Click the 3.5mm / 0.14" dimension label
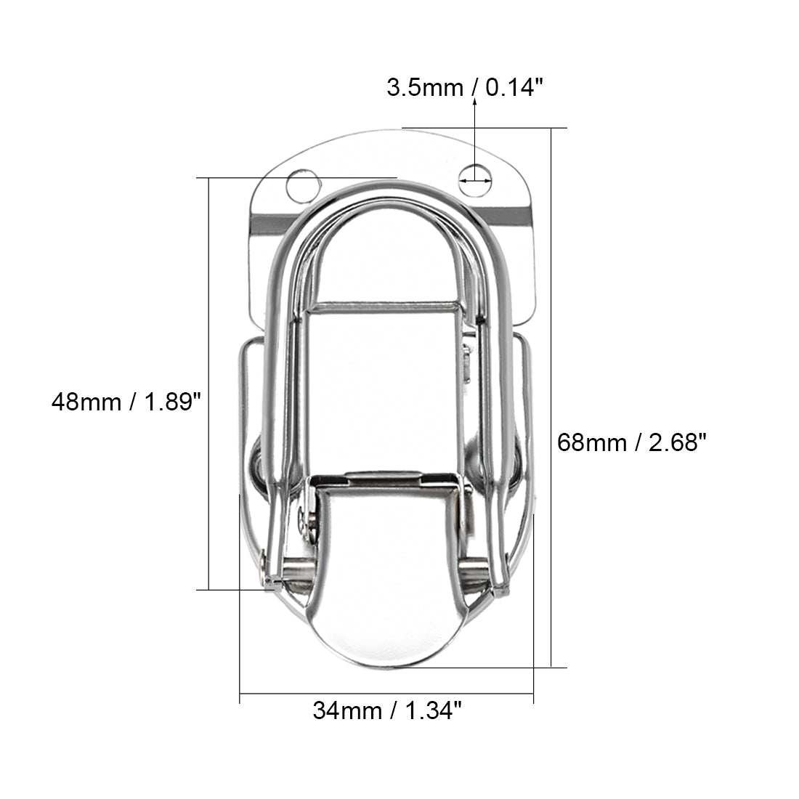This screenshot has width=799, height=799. click(465, 88)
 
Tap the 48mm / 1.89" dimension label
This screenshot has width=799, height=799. click(126, 402)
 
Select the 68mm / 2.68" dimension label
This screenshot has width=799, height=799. click(632, 442)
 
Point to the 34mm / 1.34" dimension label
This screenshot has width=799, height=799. click(387, 710)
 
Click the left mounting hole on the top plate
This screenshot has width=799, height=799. click(303, 185)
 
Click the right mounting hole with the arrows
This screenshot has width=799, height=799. click(475, 180)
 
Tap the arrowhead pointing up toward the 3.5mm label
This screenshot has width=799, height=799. click(475, 102)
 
